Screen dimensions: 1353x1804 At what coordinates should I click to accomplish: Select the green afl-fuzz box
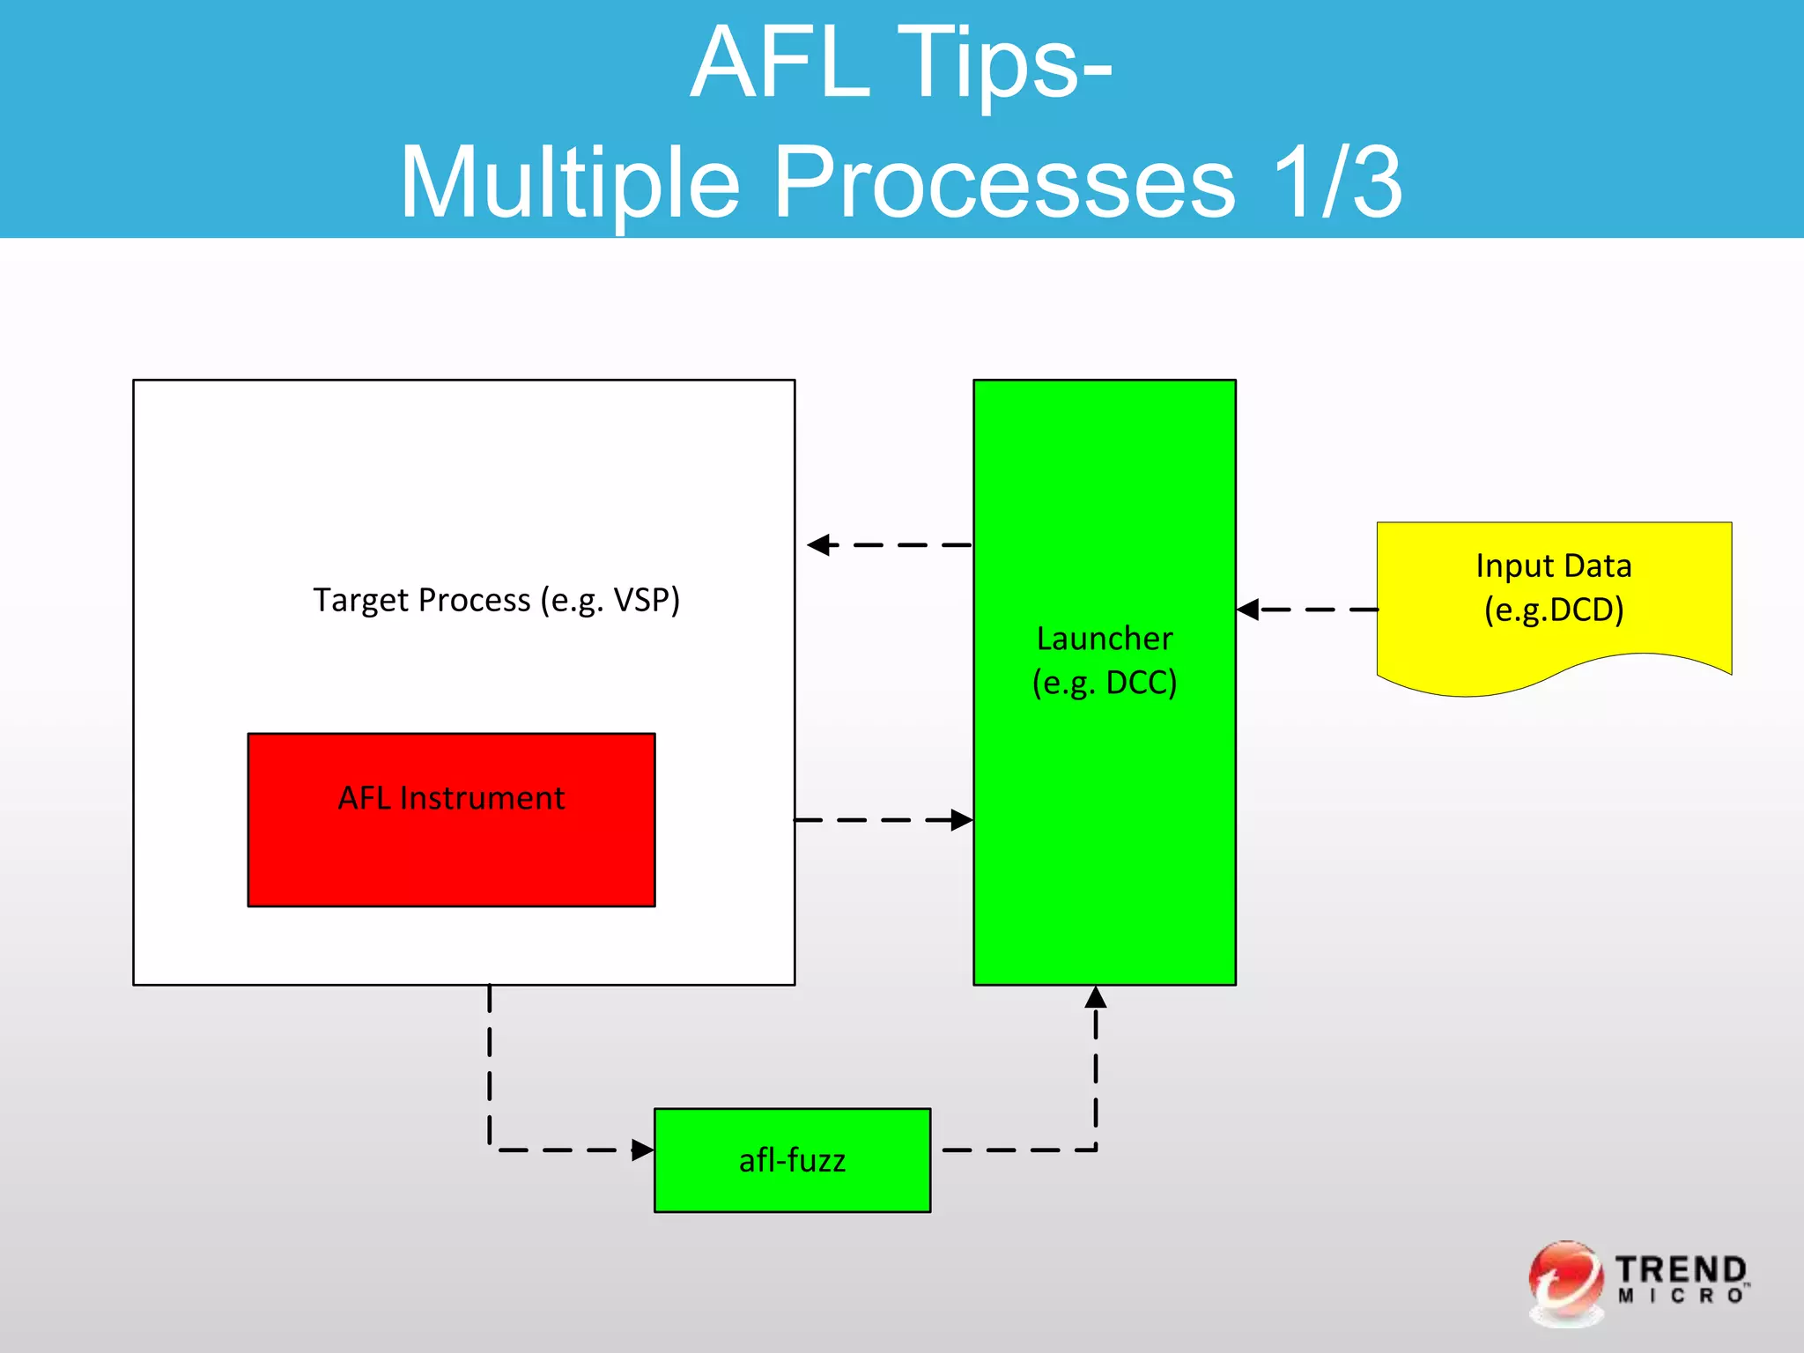coord(792,1160)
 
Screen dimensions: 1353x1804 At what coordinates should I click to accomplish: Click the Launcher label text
coord(1105,639)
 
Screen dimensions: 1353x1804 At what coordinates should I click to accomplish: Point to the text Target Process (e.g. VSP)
coord(496,600)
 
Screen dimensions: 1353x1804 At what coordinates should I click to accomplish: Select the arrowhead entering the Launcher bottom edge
coord(1096,998)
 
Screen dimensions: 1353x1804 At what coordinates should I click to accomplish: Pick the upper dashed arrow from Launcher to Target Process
coord(890,545)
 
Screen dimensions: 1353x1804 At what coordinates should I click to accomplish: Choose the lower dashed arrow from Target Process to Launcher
coord(881,820)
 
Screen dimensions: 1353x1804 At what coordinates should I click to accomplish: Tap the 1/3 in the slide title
coord(1336,182)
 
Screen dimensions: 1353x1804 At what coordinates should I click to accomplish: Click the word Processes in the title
coord(1003,182)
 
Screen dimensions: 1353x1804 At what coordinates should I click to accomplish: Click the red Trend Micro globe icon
coord(1565,1282)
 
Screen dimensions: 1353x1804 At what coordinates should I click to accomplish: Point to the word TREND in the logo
coord(1681,1269)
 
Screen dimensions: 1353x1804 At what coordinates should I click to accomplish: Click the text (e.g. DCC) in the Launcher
coord(1105,683)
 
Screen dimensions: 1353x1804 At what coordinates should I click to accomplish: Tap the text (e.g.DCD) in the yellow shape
coord(1554,610)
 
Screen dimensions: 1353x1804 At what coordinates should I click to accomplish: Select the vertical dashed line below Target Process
coord(490,1066)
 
